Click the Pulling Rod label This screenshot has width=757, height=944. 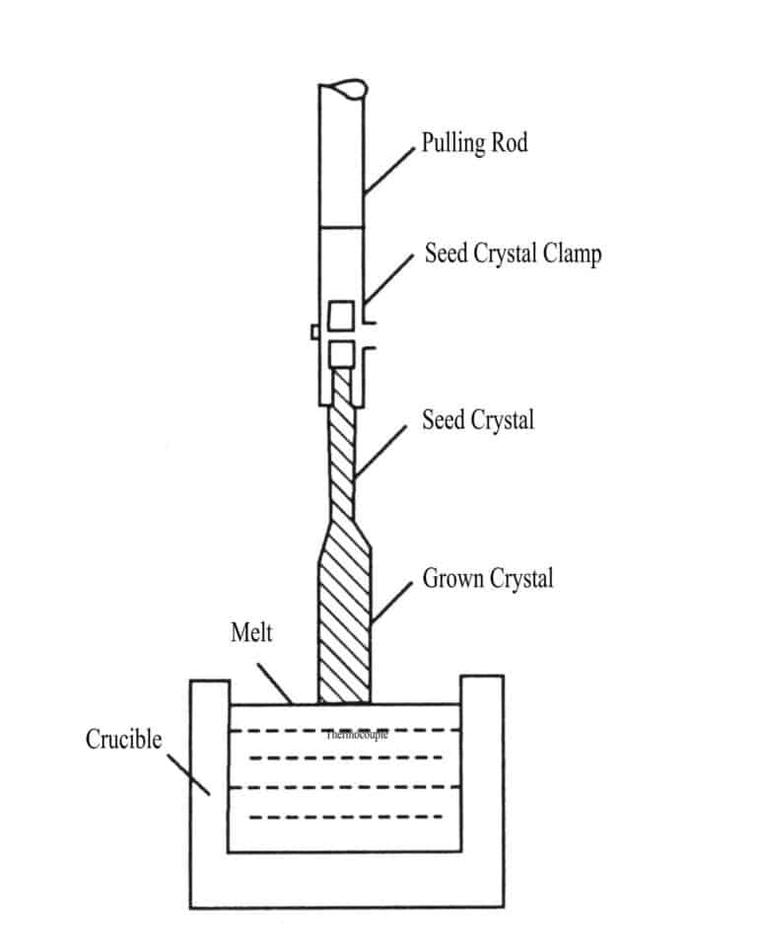tap(474, 143)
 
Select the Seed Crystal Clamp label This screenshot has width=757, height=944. tap(513, 254)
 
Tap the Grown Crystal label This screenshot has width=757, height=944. tap(487, 578)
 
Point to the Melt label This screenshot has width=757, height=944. tap(251, 632)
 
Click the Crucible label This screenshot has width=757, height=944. tap(123, 740)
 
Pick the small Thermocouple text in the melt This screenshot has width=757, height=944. tap(356, 735)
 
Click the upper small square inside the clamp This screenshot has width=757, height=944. tap(341, 316)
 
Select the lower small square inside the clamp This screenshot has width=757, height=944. tap(341, 352)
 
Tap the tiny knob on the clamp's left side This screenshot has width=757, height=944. tap(314, 332)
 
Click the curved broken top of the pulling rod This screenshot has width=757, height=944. tap(345, 90)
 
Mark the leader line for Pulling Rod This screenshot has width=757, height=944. tap(389, 170)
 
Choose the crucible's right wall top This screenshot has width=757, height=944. tap(482, 678)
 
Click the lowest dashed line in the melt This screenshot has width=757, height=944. tap(345, 817)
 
